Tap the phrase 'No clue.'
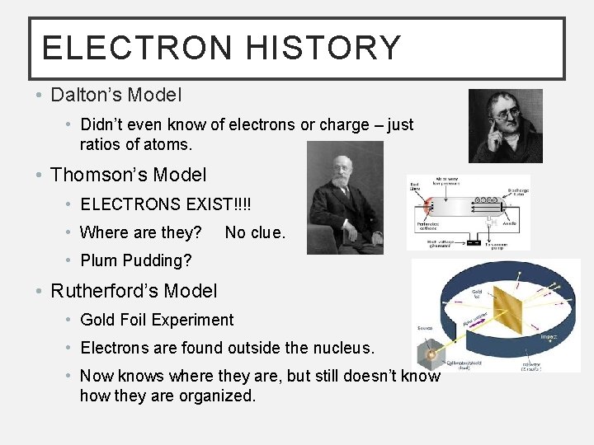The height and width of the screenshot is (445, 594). point(255,232)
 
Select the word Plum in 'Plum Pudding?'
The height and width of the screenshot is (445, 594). point(98,261)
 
